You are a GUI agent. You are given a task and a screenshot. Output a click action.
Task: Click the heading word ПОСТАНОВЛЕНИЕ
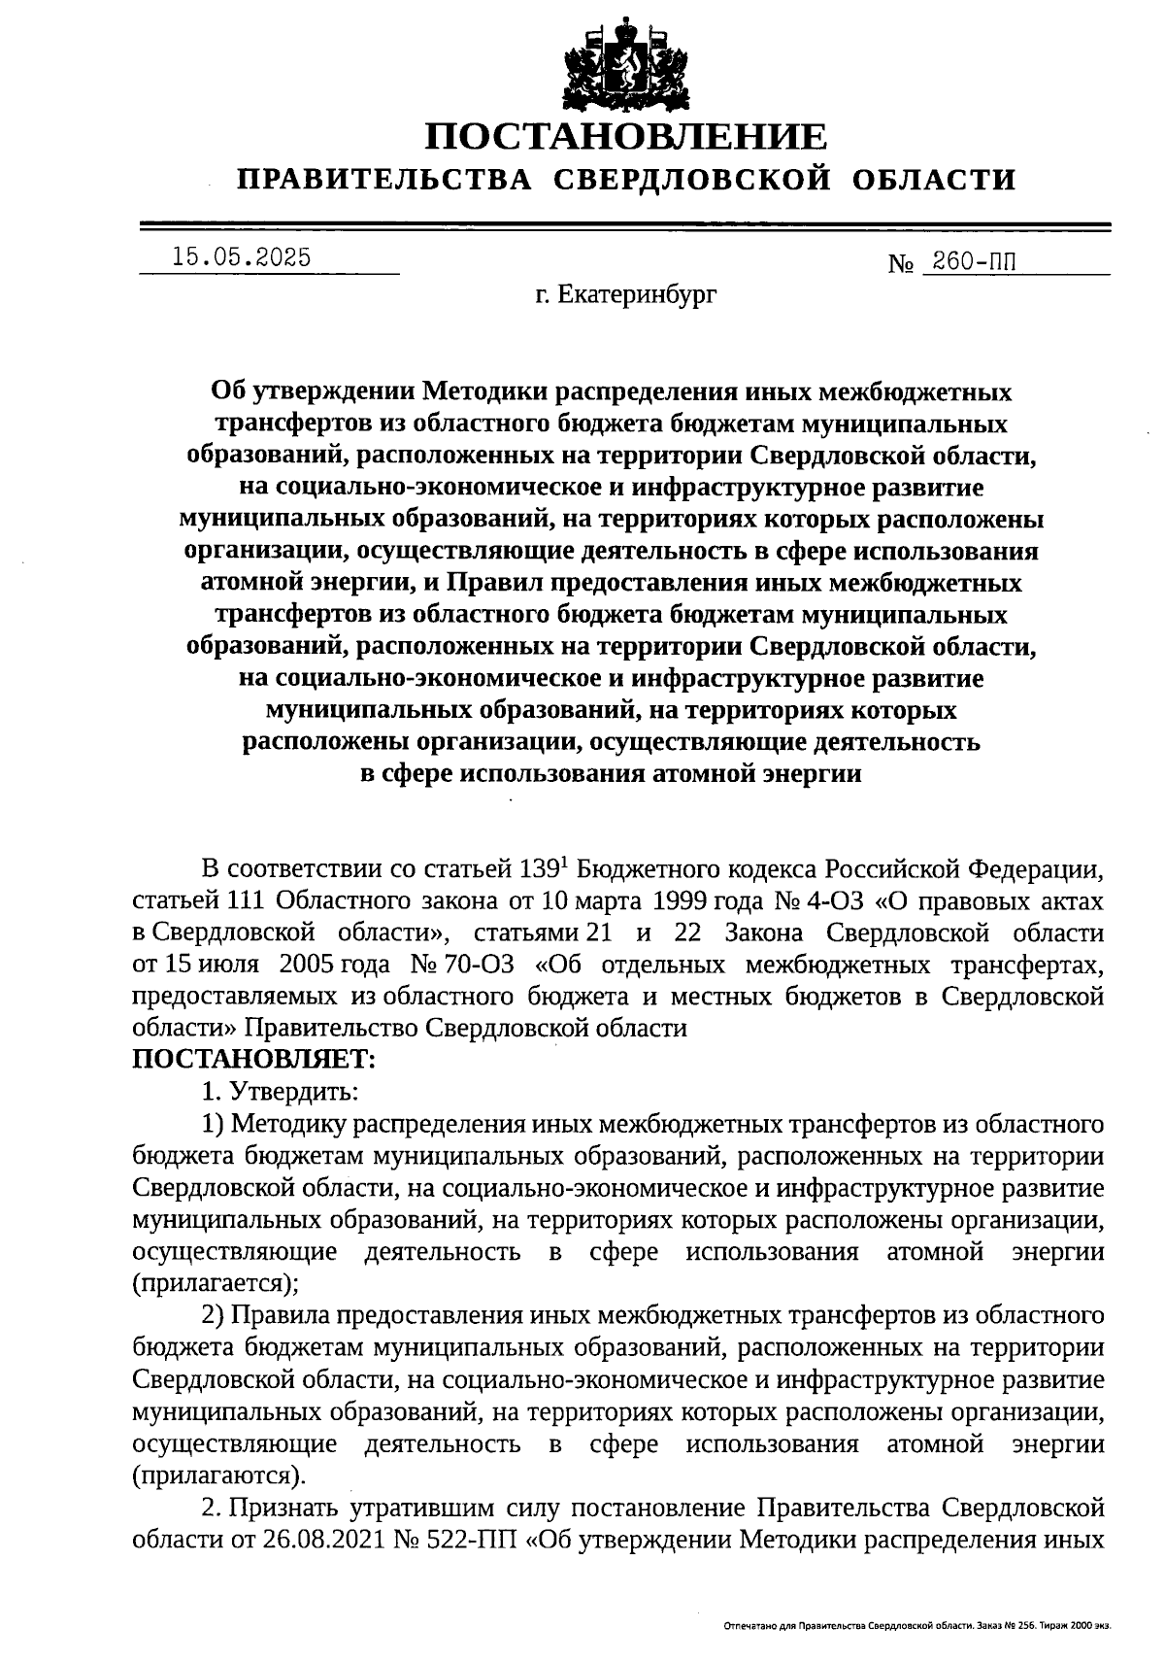click(x=627, y=137)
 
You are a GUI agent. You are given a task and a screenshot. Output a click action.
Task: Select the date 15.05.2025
click(x=241, y=257)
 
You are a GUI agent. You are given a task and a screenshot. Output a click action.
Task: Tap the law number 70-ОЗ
click(x=471, y=966)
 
